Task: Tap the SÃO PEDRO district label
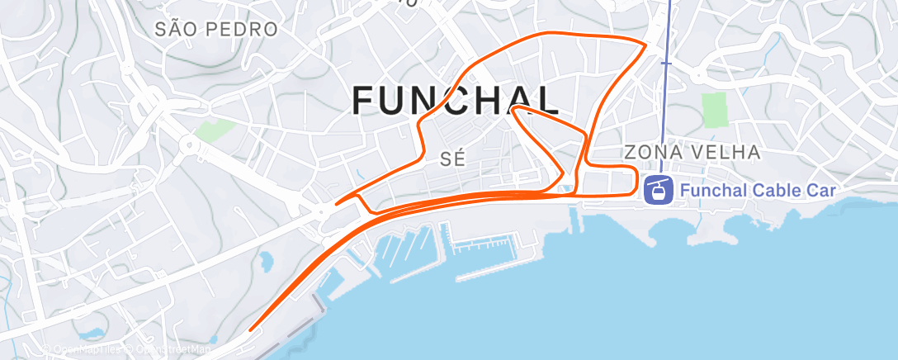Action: [216, 30]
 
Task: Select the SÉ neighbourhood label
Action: [454, 160]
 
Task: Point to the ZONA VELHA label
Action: [692, 152]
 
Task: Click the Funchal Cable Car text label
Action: [758, 191]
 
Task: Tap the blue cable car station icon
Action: [658, 191]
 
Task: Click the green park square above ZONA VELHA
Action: [715, 110]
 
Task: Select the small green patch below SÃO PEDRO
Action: [215, 129]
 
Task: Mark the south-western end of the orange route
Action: [251, 329]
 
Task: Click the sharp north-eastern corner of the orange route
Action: [645, 42]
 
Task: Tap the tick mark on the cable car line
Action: [666, 62]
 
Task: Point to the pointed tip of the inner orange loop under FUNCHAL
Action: [513, 109]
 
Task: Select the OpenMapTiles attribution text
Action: [87, 350]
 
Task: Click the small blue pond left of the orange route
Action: [266, 263]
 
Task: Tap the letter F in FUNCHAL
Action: [364, 101]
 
